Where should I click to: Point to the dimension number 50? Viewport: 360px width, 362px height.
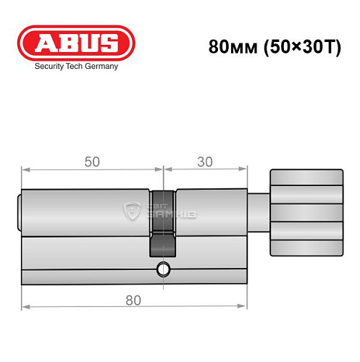92,163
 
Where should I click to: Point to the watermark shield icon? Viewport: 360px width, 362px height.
132,212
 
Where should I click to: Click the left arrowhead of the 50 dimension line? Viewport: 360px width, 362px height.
25,171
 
